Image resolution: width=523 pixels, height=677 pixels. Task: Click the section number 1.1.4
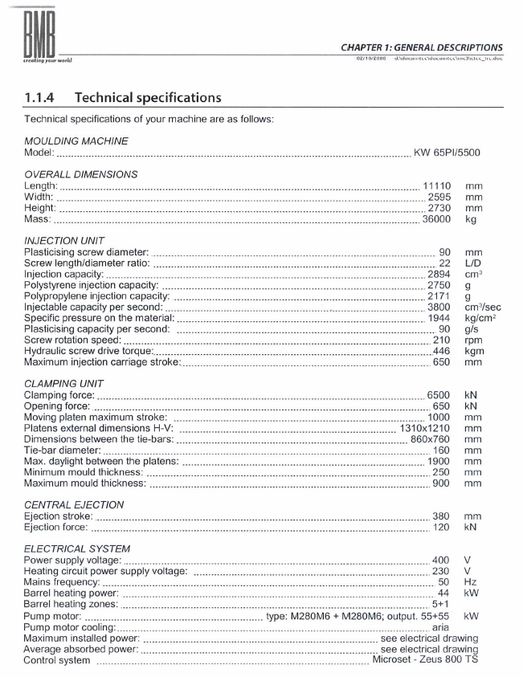(42, 98)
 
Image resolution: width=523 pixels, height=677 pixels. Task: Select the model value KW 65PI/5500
(447, 153)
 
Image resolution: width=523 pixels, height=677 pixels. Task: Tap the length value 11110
(437, 186)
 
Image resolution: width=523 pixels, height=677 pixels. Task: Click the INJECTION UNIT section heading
(63, 240)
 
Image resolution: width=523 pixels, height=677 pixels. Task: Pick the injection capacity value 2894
(439, 274)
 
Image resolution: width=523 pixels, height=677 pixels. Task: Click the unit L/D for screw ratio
(473, 263)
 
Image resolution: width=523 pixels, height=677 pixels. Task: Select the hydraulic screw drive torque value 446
(441, 351)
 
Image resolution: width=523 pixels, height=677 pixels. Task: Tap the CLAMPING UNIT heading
(64, 383)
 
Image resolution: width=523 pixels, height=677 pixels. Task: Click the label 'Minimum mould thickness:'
(84, 472)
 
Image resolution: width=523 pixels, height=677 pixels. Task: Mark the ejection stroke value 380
(441, 516)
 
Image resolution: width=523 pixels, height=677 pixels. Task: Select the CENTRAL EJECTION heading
(74, 504)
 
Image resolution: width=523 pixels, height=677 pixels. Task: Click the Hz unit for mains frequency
(472, 581)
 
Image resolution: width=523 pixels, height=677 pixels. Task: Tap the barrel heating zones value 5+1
(440, 604)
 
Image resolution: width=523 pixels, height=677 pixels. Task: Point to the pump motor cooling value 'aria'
(440, 626)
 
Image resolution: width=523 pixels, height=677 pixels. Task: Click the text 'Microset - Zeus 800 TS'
(425, 660)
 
